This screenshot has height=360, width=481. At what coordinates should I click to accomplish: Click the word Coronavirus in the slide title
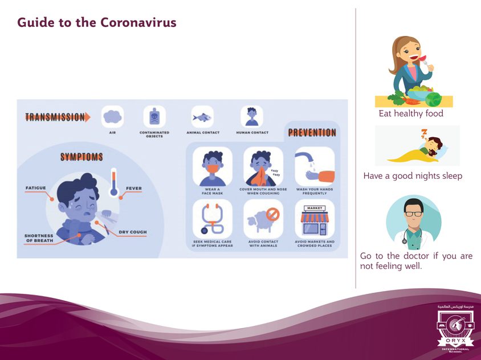click(138, 23)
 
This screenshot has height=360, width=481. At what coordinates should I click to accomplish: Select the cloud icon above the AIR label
click(112, 117)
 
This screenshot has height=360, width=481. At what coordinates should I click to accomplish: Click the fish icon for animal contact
click(202, 117)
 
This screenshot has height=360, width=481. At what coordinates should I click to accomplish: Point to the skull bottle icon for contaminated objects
click(154, 117)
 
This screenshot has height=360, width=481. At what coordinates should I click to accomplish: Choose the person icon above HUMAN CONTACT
click(251, 116)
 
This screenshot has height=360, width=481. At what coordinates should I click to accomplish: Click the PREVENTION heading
click(312, 133)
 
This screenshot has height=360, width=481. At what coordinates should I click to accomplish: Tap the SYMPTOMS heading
click(81, 157)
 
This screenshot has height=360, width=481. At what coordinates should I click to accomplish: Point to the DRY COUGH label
click(133, 232)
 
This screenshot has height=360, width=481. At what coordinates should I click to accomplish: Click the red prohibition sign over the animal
click(273, 215)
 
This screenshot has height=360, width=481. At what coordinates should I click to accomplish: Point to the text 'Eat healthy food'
click(411, 113)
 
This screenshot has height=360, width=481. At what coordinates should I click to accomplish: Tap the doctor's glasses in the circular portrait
click(414, 213)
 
